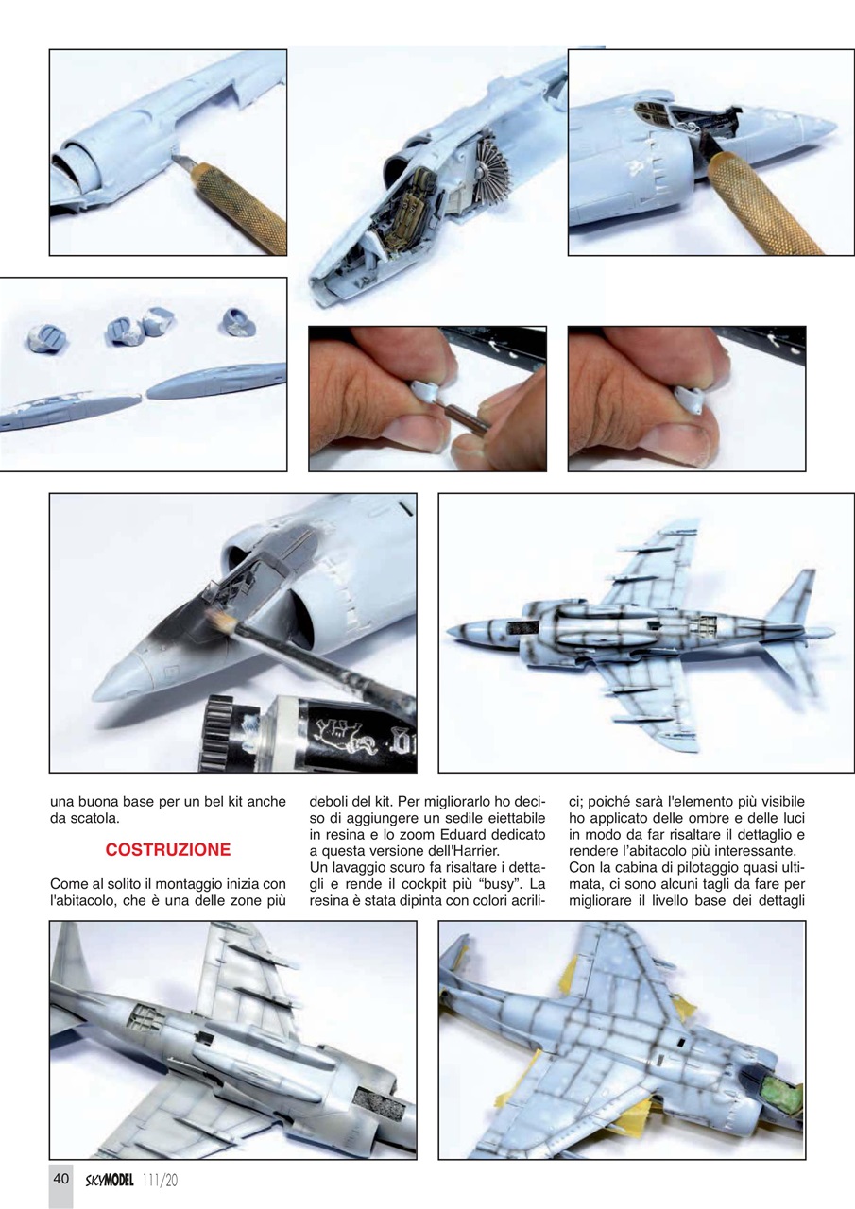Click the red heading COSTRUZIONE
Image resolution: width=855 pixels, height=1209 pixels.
167,849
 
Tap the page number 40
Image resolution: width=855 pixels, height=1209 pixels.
60,1179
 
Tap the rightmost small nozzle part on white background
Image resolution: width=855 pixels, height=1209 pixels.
236,324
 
